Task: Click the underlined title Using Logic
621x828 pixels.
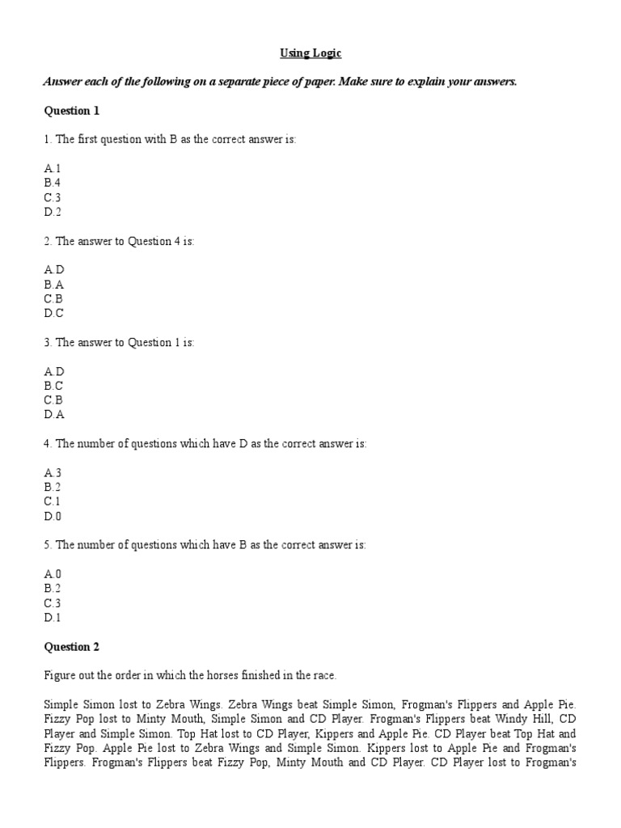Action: point(310,53)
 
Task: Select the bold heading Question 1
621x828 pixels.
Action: point(72,111)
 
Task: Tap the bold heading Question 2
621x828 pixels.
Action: point(72,647)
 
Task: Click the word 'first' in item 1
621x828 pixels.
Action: point(91,140)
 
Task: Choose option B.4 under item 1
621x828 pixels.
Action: point(53,184)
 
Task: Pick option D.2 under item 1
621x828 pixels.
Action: point(53,213)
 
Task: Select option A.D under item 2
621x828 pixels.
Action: point(53,270)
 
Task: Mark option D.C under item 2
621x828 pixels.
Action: point(53,314)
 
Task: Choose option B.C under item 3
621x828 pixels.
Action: point(53,386)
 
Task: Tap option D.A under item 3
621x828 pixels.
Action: point(53,415)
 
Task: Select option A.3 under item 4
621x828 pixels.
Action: point(53,472)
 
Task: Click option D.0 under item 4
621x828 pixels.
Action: point(53,516)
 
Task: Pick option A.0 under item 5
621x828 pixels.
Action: point(53,574)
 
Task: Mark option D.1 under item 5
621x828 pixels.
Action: point(53,618)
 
